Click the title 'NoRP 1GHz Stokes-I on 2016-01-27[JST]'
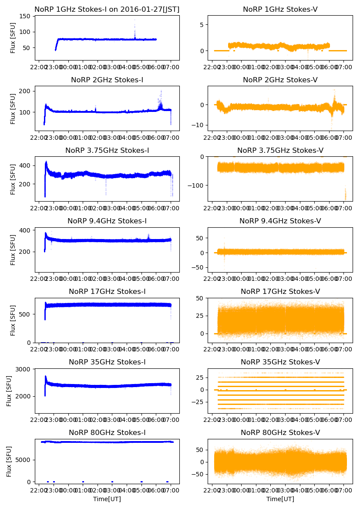[107, 9]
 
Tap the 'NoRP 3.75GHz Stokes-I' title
[107, 151]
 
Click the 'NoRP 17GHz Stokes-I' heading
[107, 292]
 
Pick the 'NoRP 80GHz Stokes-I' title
[107, 433]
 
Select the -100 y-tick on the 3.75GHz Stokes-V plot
[195, 185]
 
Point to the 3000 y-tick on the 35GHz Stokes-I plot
[24, 369]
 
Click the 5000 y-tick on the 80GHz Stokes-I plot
[24, 460]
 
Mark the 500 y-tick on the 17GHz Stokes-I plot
[26, 314]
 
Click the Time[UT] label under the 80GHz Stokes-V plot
[280, 499]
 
